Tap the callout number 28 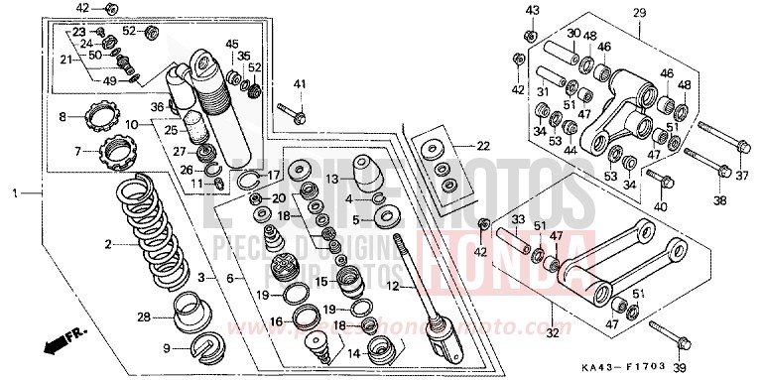click(143, 317)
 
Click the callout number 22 click(482, 146)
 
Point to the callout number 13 click(332, 179)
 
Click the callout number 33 click(517, 220)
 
